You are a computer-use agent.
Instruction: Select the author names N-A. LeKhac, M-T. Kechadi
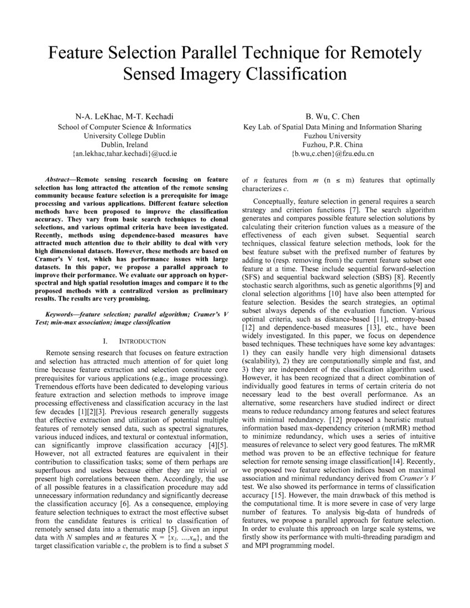124,116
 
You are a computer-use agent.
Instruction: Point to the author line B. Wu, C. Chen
332,116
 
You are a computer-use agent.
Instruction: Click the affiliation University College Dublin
124,135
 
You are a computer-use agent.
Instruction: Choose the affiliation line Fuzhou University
332,135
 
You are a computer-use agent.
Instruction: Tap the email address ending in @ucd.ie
124,154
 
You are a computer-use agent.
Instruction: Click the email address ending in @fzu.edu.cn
332,154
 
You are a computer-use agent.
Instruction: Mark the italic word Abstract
58,180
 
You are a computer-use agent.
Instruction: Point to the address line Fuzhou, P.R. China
332,145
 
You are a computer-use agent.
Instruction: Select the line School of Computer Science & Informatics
124,126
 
